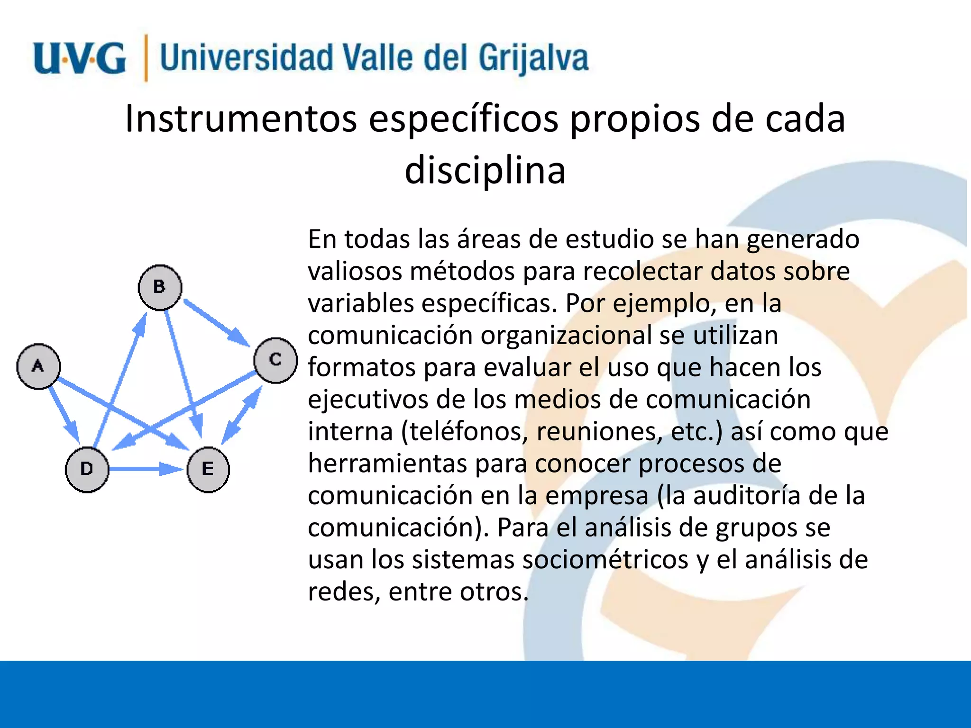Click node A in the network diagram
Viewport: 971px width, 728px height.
pyautogui.click(x=38, y=366)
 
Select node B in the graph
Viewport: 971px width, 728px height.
pyautogui.click(x=160, y=287)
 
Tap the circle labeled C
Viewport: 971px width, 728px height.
pyautogui.click(x=275, y=360)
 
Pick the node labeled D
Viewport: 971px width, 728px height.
pyautogui.click(x=87, y=469)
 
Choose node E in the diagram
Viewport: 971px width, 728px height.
pyautogui.click(x=208, y=469)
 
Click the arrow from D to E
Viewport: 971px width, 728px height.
pyautogui.click(x=145, y=469)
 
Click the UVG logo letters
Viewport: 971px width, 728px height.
pyautogui.click(x=80, y=58)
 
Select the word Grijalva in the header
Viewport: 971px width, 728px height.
pyautogui.click(x=533, y=58)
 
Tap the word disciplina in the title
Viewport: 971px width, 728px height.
pyautogui.click(x=485, y=171)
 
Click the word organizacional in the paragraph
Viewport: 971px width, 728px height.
pyautogui.click(x=566, y=336)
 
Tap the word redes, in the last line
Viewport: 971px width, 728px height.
pyautogui.click(x=344, y=592)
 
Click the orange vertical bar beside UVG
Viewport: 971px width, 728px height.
pyautogui.click(x=146, y=58)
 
